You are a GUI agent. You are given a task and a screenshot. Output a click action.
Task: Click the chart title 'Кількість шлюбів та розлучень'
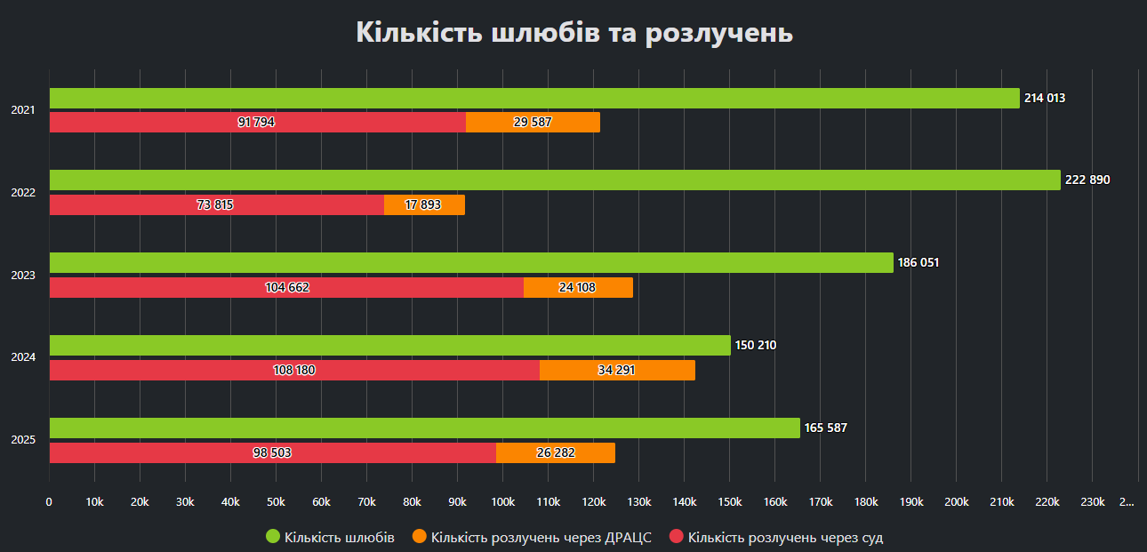[573, 33]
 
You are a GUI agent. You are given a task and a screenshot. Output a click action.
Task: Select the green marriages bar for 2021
[533, 98]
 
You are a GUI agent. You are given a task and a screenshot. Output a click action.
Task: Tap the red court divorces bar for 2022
[216, 204]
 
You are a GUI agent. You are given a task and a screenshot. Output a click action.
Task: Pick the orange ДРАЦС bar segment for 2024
[617, 370]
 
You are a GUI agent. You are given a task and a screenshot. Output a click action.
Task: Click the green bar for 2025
[424, 428]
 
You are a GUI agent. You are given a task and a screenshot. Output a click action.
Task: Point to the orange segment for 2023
[578, 287]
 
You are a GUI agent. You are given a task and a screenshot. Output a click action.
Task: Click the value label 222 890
[1087, 180]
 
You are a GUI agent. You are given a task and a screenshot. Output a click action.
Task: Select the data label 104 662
[287, 287]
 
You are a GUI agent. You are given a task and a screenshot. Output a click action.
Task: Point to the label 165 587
[825, 428]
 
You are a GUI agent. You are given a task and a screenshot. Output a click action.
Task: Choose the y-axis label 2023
[23, 276]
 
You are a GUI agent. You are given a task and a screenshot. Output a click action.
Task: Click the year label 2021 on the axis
[23, 110]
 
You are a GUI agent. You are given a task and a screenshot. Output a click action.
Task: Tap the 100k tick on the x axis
[502, 502]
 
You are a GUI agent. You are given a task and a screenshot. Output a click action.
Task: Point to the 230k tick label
[1092, 502]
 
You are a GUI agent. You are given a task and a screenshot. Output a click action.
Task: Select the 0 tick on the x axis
[49, 502]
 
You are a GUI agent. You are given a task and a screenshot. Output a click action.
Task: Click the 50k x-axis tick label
[276, 502]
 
